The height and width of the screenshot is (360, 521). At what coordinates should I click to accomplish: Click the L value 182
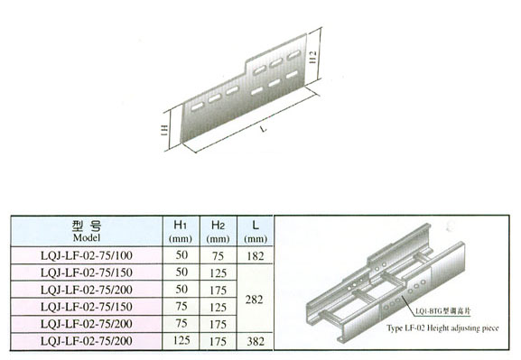tap(256, 257)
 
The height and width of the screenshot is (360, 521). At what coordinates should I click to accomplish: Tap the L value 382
tap(256, 342)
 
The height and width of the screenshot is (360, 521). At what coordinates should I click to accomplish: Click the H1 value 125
tap(181, 342)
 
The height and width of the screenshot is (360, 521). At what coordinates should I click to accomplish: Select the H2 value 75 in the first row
tap(217, 257)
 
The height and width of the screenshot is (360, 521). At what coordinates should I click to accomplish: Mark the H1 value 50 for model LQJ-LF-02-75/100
tap(181, 257)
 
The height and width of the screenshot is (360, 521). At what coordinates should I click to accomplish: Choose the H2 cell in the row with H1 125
tap(217, 342)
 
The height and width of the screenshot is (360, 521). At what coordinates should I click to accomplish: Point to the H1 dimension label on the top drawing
tap(162, 132)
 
